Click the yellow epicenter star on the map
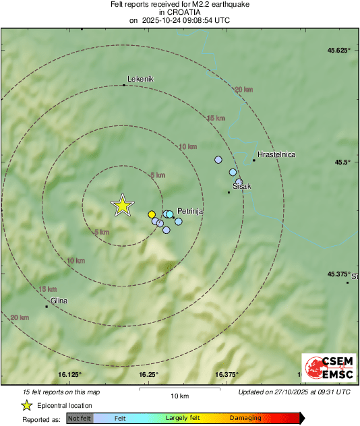pyautogui.click(x=122, y=205)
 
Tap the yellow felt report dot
pyautogui.click(x=152, y=214)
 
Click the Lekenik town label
pyautogui.click(x=141, y=79)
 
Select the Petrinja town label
pyautogui.click(x=190, y=211)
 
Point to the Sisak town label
pyautogui.click(x=241, y=186)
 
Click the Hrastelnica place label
pyautogui.click(x=276, y=154)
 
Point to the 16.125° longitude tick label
pyautogui.click(x=70, y=374)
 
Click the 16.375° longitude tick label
pyautogui.click(x=228, y=374)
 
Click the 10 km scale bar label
pyautogui.click(x=179, y=395)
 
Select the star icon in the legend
pyautogui.click(x=27, y=405)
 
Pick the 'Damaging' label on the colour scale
pyautogui.click(x=245, y=418)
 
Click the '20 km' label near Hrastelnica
pyautogui.click(x=243, y=89)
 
